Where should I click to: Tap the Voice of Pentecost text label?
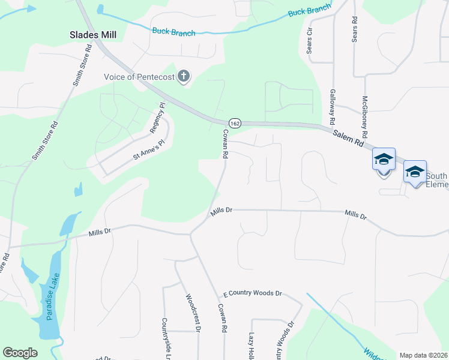coord(139,76)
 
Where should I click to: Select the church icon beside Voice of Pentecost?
coord(184,76)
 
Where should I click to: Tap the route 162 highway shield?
coord(235,122)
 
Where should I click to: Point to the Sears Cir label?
coord(310,40)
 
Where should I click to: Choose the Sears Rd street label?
coord(355,29)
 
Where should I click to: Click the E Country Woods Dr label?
coord(252,293)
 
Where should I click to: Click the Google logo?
coord(20,353)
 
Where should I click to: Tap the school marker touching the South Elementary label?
coord(415,172)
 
